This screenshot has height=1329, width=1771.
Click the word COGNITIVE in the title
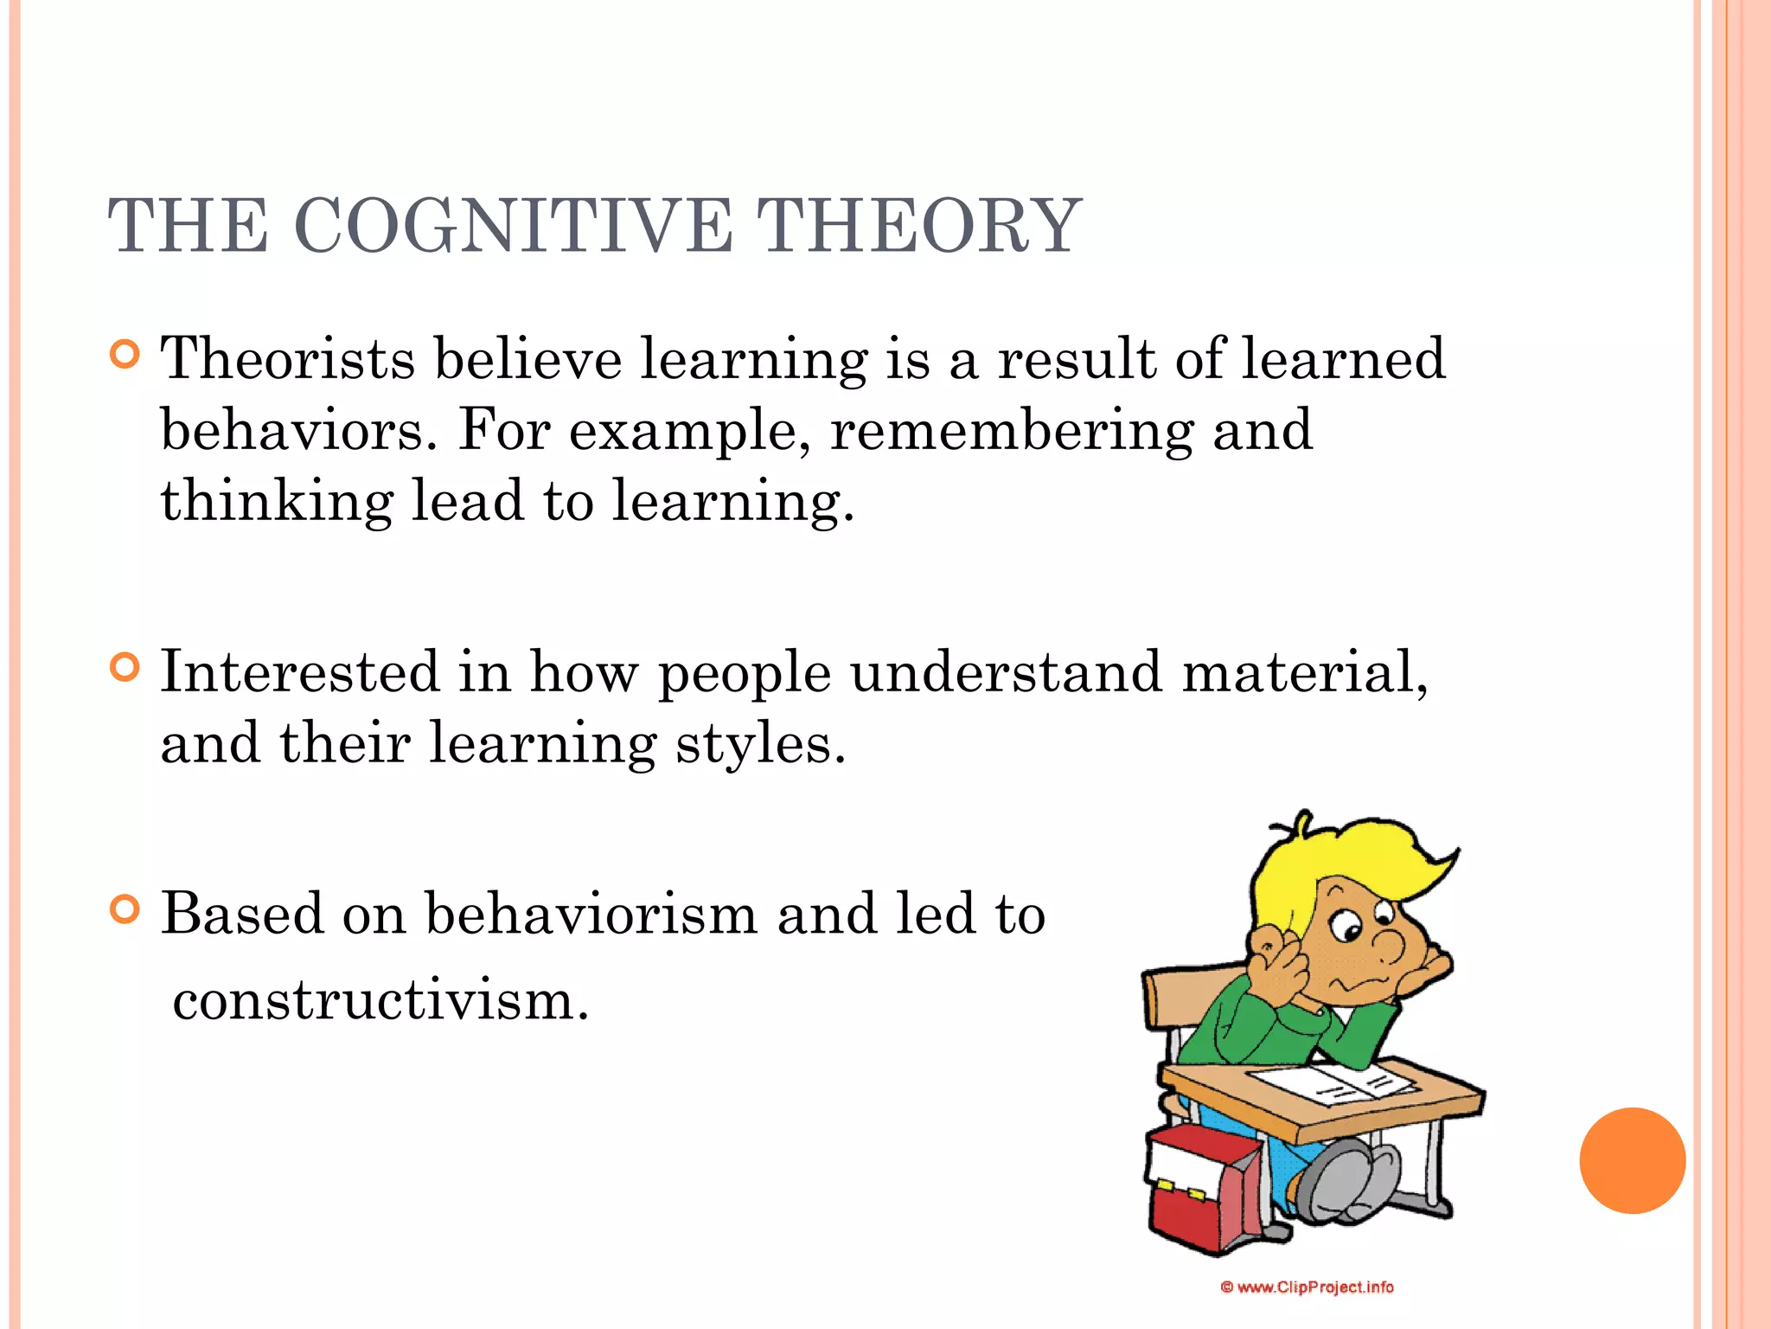[x=514, y=226]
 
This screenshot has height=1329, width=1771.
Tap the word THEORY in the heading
[x=917, y=226]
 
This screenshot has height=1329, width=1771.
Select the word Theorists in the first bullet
[x=288, y=358]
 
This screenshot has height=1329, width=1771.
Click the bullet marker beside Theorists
[x=125, y=355]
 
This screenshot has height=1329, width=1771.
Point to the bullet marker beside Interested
[x=125, y=668]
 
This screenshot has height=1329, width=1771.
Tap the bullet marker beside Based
[x=125, y=909]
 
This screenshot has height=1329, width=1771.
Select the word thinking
[x=277, y=502]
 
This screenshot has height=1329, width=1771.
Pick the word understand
[x=1006, y=672]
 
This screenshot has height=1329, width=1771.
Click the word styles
[x=759, y=744]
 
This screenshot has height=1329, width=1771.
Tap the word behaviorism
[x=591, y=914]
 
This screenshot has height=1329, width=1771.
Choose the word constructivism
[x=380, y=1001]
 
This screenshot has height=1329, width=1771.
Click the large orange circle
[x=1632, y=1160]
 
